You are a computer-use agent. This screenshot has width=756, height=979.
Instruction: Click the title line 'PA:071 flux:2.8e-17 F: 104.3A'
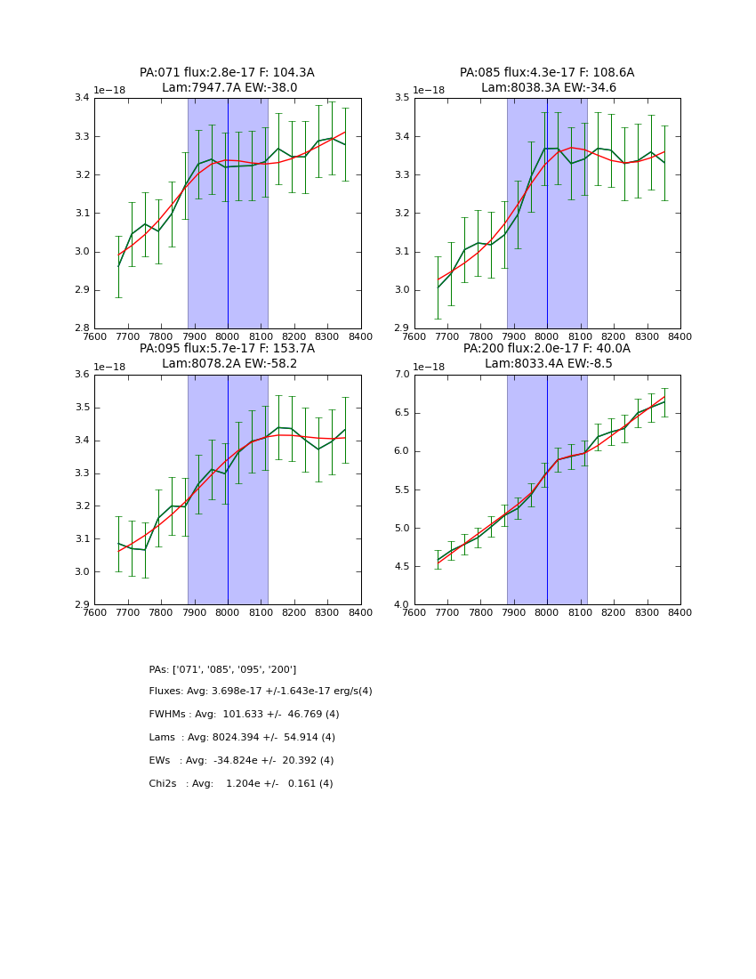pos(227,73)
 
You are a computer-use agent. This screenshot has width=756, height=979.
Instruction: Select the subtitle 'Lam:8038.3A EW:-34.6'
pos(548,88)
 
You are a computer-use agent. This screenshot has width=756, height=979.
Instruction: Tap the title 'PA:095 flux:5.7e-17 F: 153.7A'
pos(227,349)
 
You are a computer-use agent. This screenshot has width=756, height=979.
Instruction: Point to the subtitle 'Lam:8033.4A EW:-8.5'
pos(548,363)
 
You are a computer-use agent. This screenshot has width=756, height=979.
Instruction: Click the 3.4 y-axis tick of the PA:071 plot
pos(81,98)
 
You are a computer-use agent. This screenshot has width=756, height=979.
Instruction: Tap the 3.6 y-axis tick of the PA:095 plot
pos(81,374)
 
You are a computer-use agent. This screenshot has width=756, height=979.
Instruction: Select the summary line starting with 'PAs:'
pos(222,669)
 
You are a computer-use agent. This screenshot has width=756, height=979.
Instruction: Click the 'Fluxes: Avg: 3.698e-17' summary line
pos(261,692)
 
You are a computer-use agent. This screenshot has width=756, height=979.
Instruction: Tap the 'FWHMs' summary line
pos(244,715)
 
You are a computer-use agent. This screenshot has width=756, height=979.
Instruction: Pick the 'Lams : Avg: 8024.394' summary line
pos(242,738)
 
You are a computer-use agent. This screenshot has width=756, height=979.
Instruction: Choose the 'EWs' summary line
pos(241,761)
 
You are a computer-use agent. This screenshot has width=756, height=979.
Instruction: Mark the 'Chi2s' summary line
pos(241,784)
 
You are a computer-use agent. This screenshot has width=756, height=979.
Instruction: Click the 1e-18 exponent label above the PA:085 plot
pos(430,91)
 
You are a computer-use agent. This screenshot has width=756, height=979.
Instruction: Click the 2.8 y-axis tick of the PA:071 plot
pos(81,328)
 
